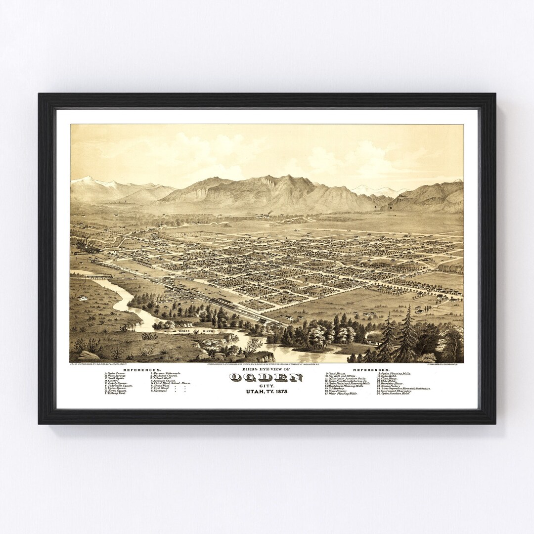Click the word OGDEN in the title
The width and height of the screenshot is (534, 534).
point(267,378)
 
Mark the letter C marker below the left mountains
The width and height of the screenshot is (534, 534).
point(126,202)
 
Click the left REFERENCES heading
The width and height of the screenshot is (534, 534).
point(142,369)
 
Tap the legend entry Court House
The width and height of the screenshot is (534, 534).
point(336,373)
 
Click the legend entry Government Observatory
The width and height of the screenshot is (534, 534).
point(396,391)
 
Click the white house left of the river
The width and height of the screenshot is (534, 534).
point(83,298)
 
